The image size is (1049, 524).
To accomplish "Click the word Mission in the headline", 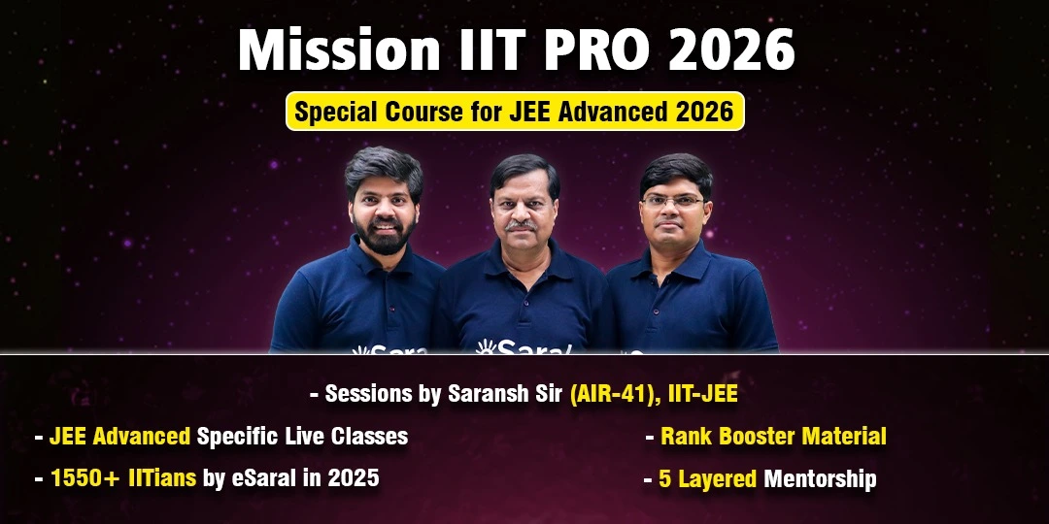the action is (339, 50).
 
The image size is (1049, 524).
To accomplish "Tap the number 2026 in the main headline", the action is (731, 50).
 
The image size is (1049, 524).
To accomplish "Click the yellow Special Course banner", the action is (515, 111).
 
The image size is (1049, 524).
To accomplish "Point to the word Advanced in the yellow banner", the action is (601, 112).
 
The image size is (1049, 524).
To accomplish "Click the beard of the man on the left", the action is (384, 235).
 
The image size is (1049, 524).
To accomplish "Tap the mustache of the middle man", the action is (522, 226).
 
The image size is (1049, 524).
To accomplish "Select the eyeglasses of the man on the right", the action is (672, 201).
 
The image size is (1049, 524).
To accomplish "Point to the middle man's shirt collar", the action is (523, 256).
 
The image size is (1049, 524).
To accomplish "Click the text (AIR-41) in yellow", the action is (609, 394).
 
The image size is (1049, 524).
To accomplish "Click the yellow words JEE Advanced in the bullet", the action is (119, 437).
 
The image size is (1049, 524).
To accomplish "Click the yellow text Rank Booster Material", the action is (773, 437).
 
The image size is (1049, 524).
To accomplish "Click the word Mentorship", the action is (820, 479).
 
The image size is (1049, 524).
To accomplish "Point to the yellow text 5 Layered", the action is (707, 479).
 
